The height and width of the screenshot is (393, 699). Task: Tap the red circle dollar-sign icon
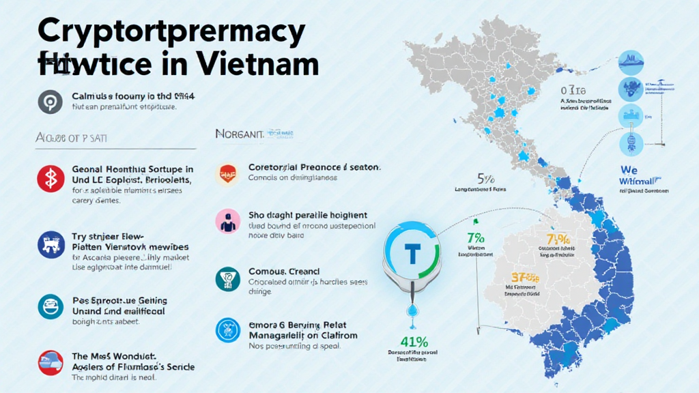[49, 178]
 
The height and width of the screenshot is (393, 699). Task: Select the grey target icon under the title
[49, 101]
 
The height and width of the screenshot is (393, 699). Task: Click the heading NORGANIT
[239, 134]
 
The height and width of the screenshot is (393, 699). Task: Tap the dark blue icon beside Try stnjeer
[49, 244]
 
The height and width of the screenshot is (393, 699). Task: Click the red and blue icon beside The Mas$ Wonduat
[49, 362]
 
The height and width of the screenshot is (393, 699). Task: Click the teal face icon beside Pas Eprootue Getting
[49, 306]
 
